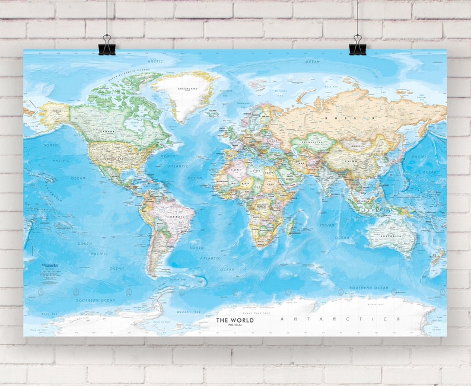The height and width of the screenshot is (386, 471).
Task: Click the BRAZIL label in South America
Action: point(176,217)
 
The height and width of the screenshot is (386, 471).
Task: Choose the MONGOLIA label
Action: point(357,146)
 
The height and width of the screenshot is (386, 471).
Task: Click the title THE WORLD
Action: point(234,320)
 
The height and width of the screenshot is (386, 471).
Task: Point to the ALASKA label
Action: point(57,110)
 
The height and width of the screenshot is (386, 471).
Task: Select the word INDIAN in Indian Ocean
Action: point(327,225)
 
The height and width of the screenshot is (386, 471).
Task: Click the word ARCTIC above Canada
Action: point(155,61)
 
